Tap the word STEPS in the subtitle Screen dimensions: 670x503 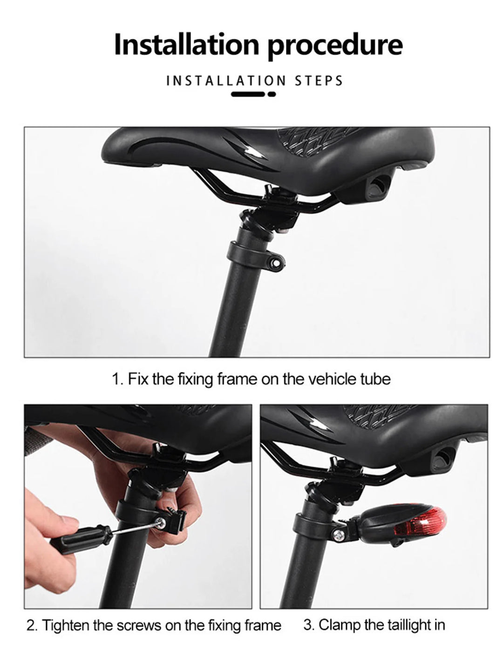click(319, 81)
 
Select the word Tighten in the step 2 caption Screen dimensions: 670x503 click(66, 625)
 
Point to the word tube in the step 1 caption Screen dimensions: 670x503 click(375, 379)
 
